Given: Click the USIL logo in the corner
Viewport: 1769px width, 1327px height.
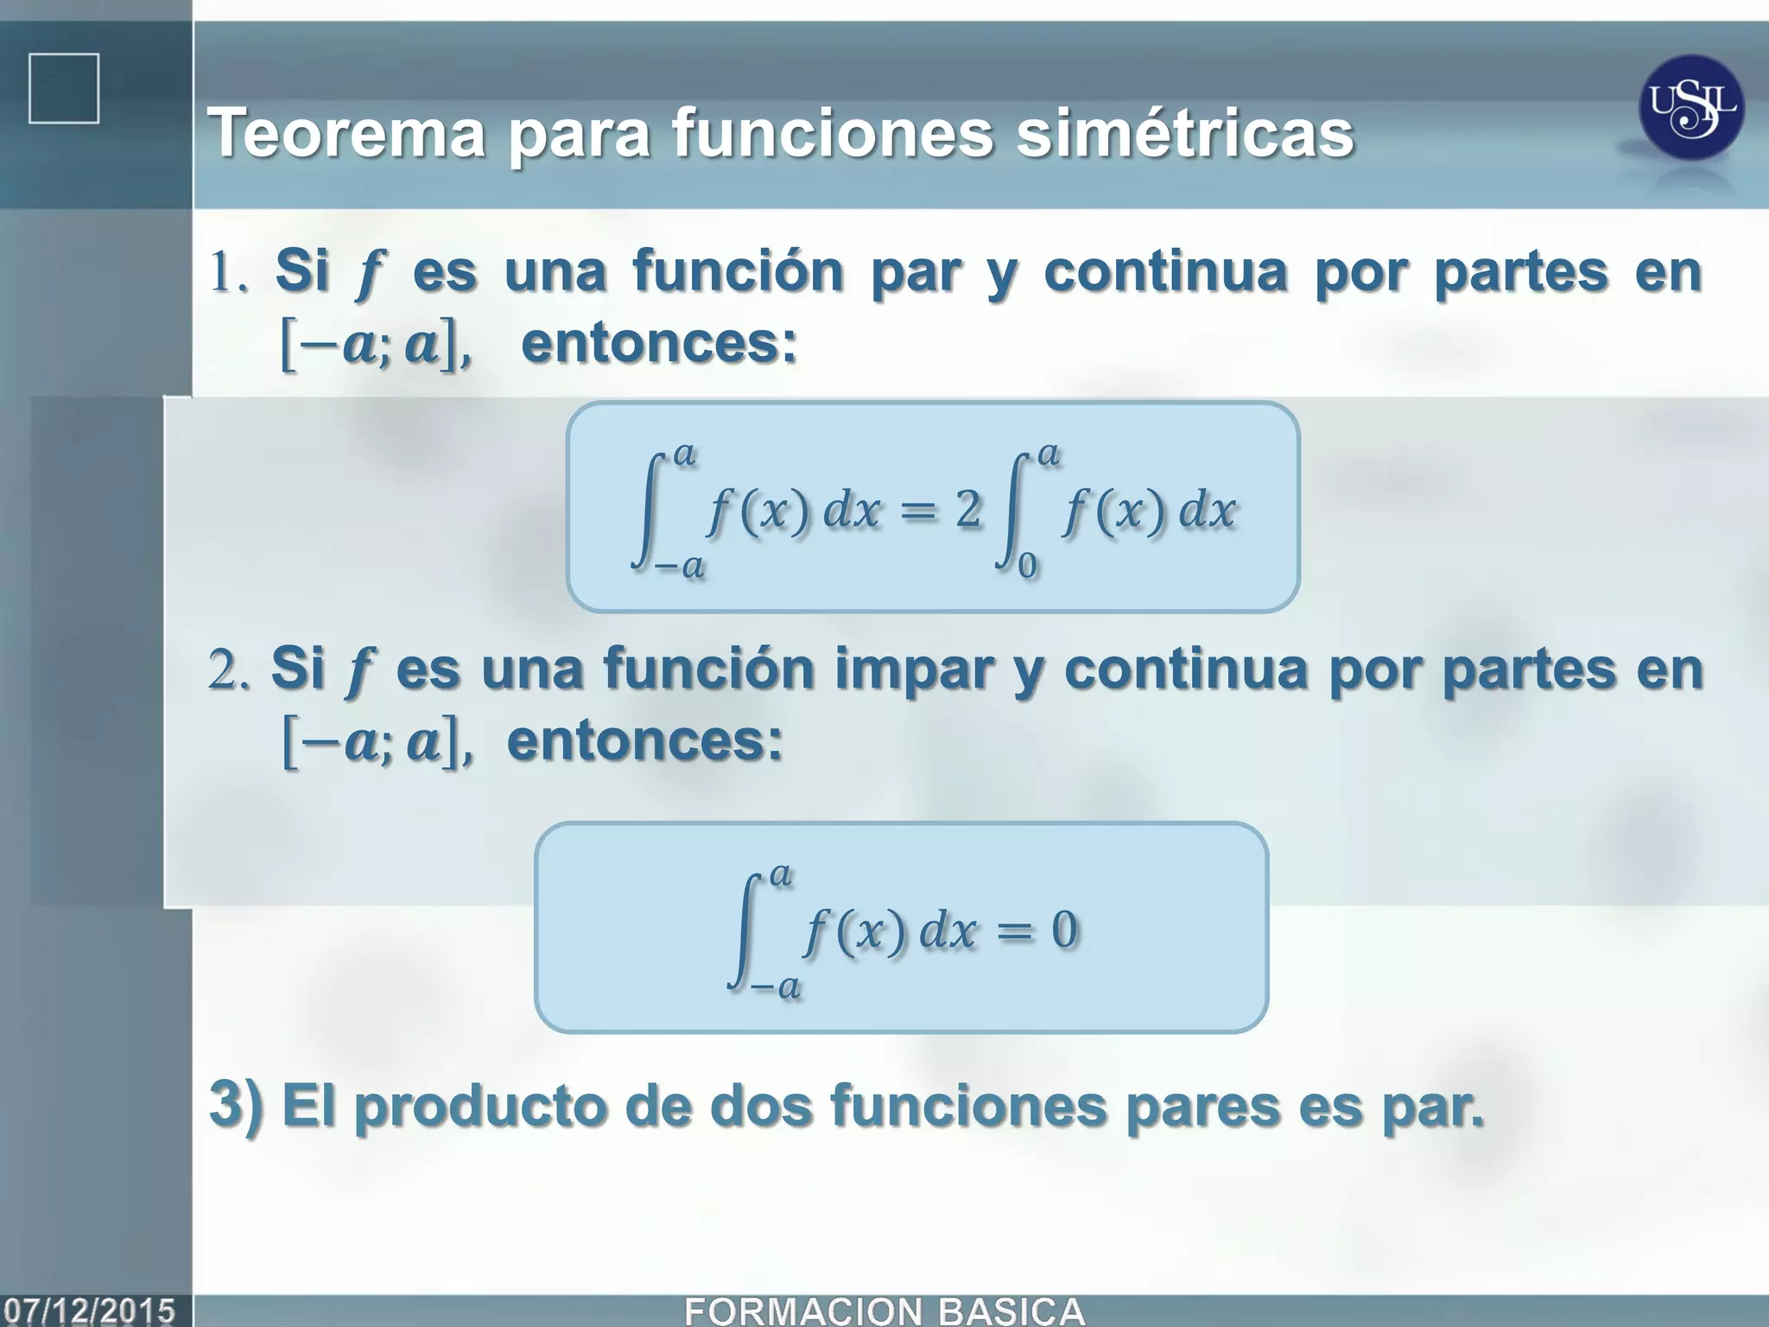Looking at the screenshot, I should tap(1691, 107).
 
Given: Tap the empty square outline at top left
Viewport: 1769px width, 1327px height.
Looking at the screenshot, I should tap(64, 88).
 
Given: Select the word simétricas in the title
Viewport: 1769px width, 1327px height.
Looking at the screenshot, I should tap(1184, 134).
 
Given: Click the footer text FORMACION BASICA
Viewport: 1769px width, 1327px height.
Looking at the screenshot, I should tap(884, 1311).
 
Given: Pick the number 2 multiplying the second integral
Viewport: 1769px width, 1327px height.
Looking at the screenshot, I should tap(968, 510).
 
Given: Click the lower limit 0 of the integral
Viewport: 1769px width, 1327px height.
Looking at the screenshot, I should tap(1027, 566).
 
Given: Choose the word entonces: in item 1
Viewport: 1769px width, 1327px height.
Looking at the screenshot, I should tap(659, 344).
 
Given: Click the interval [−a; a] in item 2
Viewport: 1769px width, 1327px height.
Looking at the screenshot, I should tap(377, 744).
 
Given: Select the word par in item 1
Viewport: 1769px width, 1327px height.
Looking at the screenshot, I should tap(915, 273).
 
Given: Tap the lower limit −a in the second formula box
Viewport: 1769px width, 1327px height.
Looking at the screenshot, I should tap(776, 987).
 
